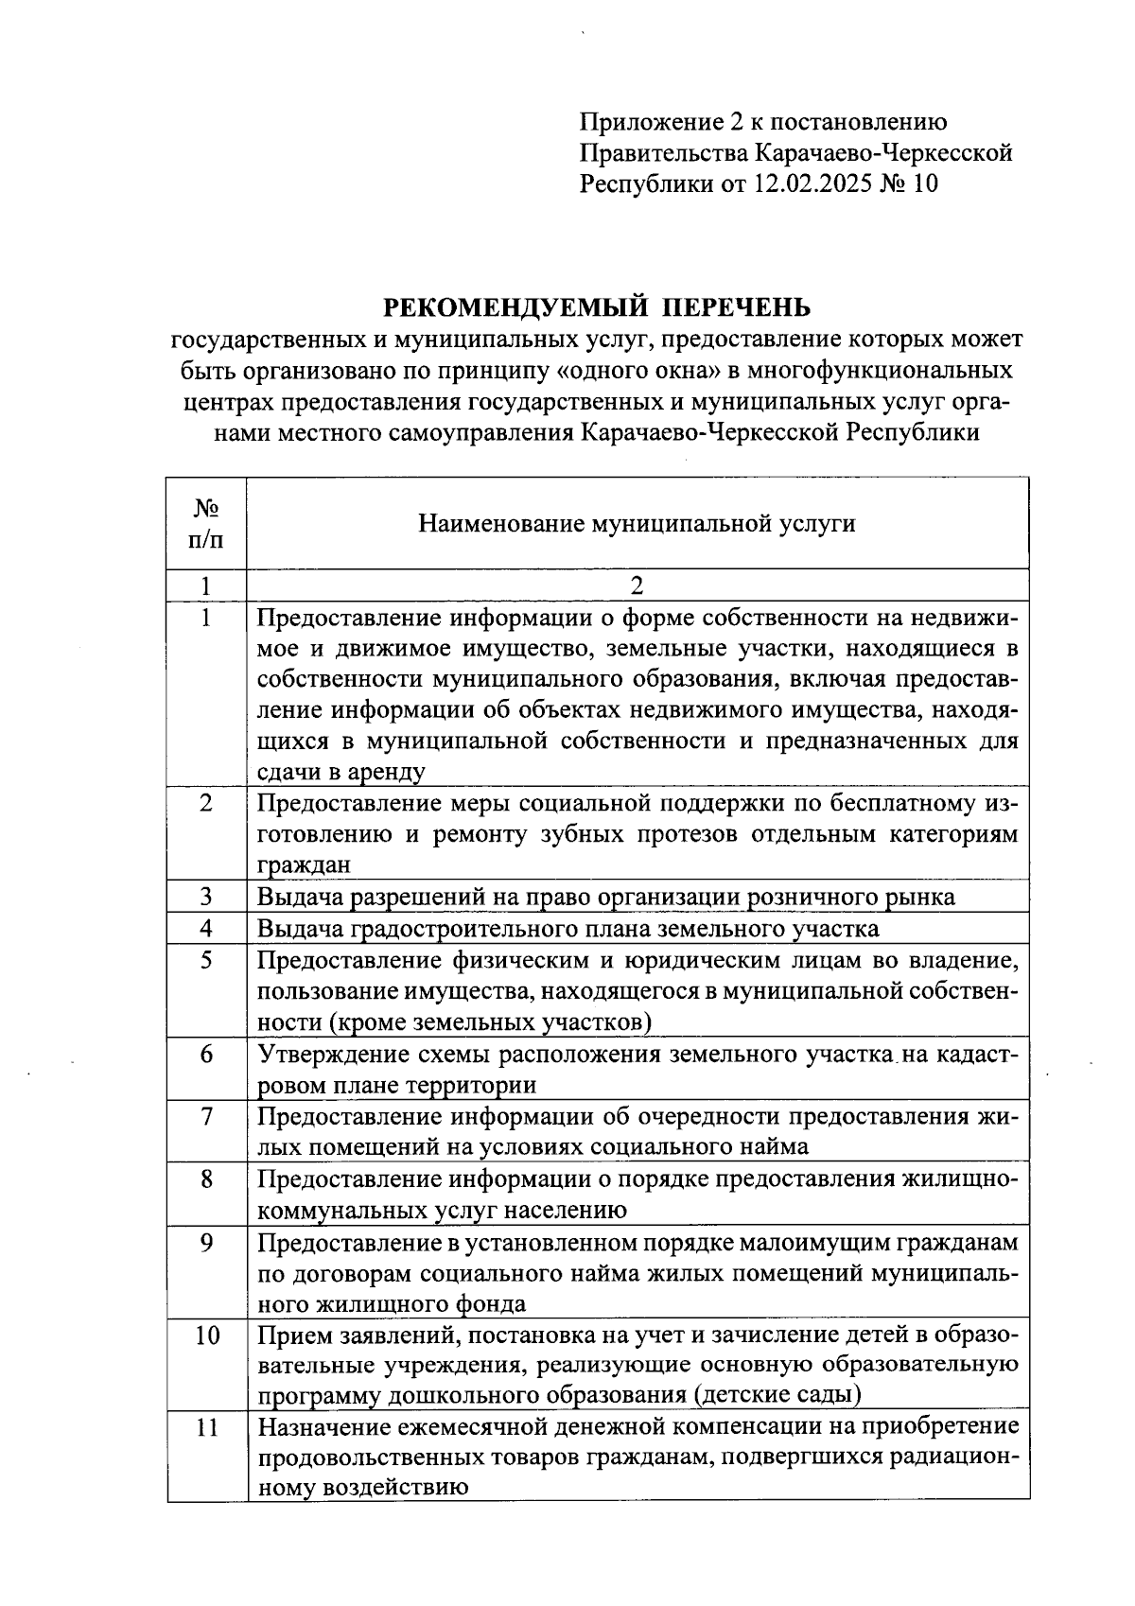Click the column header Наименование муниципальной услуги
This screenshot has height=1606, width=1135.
[x=637, y=523]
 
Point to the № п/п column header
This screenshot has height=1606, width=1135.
[x=206, y=523]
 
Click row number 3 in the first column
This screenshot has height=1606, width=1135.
[x=206, y=897]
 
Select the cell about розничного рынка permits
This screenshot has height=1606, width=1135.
[x=605, y=897]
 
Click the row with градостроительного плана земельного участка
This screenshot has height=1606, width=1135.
[x=567, y=928]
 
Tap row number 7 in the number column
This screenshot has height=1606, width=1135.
[x=206, y=1116]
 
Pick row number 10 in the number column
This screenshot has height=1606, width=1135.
[x=206, y=1335]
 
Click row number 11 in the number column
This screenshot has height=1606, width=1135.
[x=206, y=1427]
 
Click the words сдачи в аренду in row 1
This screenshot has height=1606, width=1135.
[x=340, y=771]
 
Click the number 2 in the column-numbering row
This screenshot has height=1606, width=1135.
[x=637, y=585]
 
